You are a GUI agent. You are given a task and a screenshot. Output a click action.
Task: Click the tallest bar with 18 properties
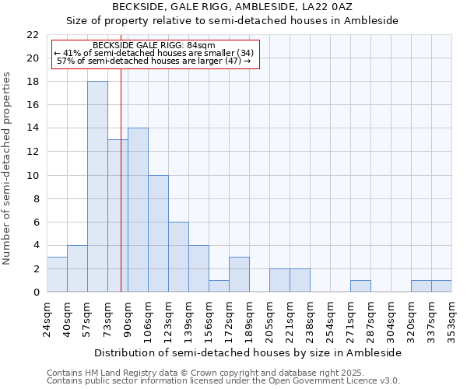pyautogui.click(x=97, y=187)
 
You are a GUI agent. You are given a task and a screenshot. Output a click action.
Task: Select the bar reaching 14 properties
pyautogui.click(x=138, y=210)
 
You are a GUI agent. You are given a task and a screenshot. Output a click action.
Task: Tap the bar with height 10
pyautogui.click(x=158, y=233)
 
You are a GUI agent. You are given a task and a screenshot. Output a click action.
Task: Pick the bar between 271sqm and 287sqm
pyautogui.click(x=360, y=286)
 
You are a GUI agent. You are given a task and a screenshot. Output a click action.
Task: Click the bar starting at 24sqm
pyautogui.click(x=57, y=274)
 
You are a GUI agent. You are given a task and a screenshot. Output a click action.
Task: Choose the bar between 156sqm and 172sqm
pyautogui.click(x=219, y=286)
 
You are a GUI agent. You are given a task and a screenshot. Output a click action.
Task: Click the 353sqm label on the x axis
pyautogui.click(x=452, y=319)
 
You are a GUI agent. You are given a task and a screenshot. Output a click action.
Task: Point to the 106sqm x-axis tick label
pyautogui.click(x=149, y=319)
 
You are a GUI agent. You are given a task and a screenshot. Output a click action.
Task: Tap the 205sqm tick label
pyautogui.click(x=270, y=319)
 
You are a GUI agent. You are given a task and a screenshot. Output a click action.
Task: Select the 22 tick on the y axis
pyautogui.click(x=33, y=35)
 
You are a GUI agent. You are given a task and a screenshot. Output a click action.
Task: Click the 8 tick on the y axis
pyautogui.click(x=36, y=198)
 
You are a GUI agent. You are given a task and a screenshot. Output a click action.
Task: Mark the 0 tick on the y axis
pyautogui.click(x=36, y=292)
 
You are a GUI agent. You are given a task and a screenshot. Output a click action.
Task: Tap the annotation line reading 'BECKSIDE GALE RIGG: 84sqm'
pyautogui.click(x=153, y=46)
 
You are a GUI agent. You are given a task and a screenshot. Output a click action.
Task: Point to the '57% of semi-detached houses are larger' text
pyautogui.click(x=154, y=60)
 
